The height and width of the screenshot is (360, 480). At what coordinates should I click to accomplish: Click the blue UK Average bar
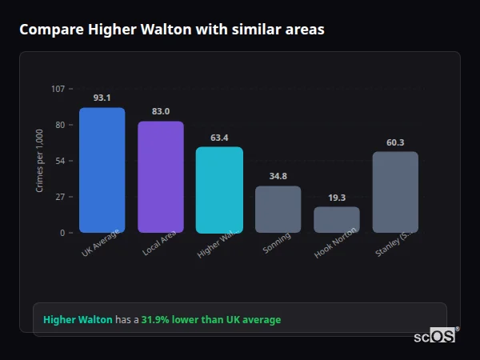click(x=102, y=170)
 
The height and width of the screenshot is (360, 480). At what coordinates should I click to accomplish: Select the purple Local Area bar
click(x=160, y=177)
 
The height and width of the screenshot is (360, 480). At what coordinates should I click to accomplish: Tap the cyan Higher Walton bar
click(x=219, y=190)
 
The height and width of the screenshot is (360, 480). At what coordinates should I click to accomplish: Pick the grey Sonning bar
click(x=278, y=210)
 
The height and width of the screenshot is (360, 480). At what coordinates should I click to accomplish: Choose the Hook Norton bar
click(x=336, y=220)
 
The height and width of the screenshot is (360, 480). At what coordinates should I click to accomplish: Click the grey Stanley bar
click(x=395, y=192)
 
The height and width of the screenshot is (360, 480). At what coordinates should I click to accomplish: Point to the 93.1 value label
click(x=102, y=98)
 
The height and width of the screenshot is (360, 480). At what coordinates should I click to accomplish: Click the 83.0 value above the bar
click(x=160, y=111)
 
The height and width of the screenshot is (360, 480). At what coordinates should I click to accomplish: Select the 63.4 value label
click(x=219, y=138)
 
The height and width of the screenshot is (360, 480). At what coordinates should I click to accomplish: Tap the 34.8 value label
click(x=278, y=176)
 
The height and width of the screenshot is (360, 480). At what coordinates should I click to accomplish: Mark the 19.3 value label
click(x=336, y=197)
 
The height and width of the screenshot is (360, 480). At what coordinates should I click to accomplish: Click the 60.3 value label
click(x=395, y=142)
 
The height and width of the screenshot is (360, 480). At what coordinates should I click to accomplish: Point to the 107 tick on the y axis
click(x=58, y=89)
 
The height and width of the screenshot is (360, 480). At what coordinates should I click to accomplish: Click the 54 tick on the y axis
click(x=60, y=161)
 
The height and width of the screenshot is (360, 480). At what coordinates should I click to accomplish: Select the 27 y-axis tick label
click(x=60, y=197)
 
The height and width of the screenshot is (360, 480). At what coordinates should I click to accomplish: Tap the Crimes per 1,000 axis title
click(x=40, y=161)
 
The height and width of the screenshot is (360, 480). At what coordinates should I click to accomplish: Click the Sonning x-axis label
click(x=278, y=243)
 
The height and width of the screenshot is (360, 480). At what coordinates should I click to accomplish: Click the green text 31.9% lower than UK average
click(x=211, y=320)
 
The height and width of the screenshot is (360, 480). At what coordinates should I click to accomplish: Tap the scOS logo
click(x=434, y=336)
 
